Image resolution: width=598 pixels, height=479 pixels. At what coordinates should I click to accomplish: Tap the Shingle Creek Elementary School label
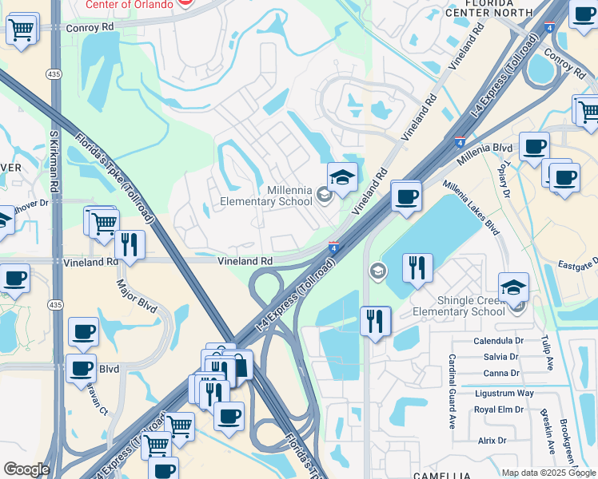tap(460, 306)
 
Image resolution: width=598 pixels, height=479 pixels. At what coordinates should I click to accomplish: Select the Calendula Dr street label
tap(497, 340)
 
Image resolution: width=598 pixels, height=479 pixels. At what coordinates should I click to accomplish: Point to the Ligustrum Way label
tap(503, 393)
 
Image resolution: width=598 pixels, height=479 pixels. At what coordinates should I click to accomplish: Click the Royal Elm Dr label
tap(500, 410)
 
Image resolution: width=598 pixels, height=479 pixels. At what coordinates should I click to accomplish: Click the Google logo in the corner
tap(26, 469)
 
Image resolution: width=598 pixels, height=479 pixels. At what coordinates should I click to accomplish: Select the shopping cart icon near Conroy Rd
tap(22, 30)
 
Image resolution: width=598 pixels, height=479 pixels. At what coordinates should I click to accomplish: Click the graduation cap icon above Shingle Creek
tap(513, 287)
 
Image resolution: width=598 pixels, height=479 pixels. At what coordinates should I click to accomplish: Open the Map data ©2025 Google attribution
tap(548, 473)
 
